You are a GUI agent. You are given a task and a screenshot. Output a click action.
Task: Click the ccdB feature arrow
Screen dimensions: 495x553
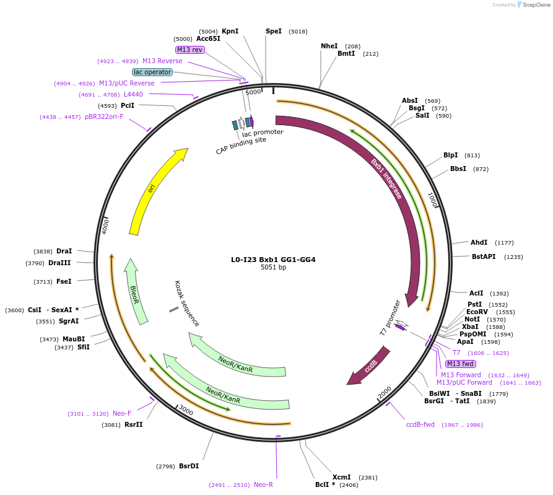371,366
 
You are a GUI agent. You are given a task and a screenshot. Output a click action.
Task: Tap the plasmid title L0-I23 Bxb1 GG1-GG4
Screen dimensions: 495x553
273,260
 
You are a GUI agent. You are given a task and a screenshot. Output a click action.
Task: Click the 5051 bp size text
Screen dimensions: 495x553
273,268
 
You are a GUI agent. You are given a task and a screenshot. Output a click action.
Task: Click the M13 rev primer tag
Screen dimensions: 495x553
190,50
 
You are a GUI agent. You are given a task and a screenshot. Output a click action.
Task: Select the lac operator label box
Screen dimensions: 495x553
152,72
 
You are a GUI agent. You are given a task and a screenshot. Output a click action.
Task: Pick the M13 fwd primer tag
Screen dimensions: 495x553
460,364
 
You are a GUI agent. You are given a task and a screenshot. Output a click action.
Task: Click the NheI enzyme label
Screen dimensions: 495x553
329,46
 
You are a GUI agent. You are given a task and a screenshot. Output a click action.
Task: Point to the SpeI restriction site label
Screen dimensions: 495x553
274,31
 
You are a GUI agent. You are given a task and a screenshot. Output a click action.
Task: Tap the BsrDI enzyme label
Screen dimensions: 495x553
189,466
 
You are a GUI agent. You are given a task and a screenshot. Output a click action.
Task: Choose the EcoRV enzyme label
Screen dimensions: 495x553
477,312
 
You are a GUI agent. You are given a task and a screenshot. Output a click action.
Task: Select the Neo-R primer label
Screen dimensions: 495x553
263,484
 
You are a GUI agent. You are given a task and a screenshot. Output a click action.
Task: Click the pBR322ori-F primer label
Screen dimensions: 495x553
104,116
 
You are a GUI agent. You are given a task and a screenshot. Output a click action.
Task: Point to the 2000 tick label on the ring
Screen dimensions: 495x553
385,392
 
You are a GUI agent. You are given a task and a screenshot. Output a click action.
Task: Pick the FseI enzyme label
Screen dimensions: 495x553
64,281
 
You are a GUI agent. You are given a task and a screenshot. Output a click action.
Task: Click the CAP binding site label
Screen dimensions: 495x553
241,145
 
